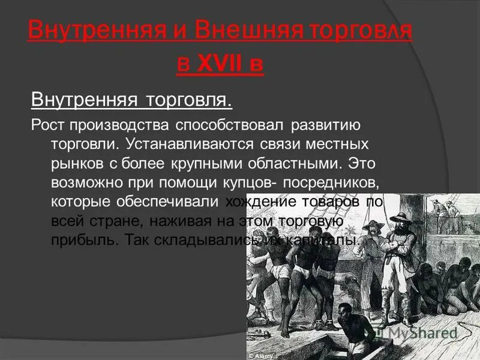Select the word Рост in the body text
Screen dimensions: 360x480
[48, 127]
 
